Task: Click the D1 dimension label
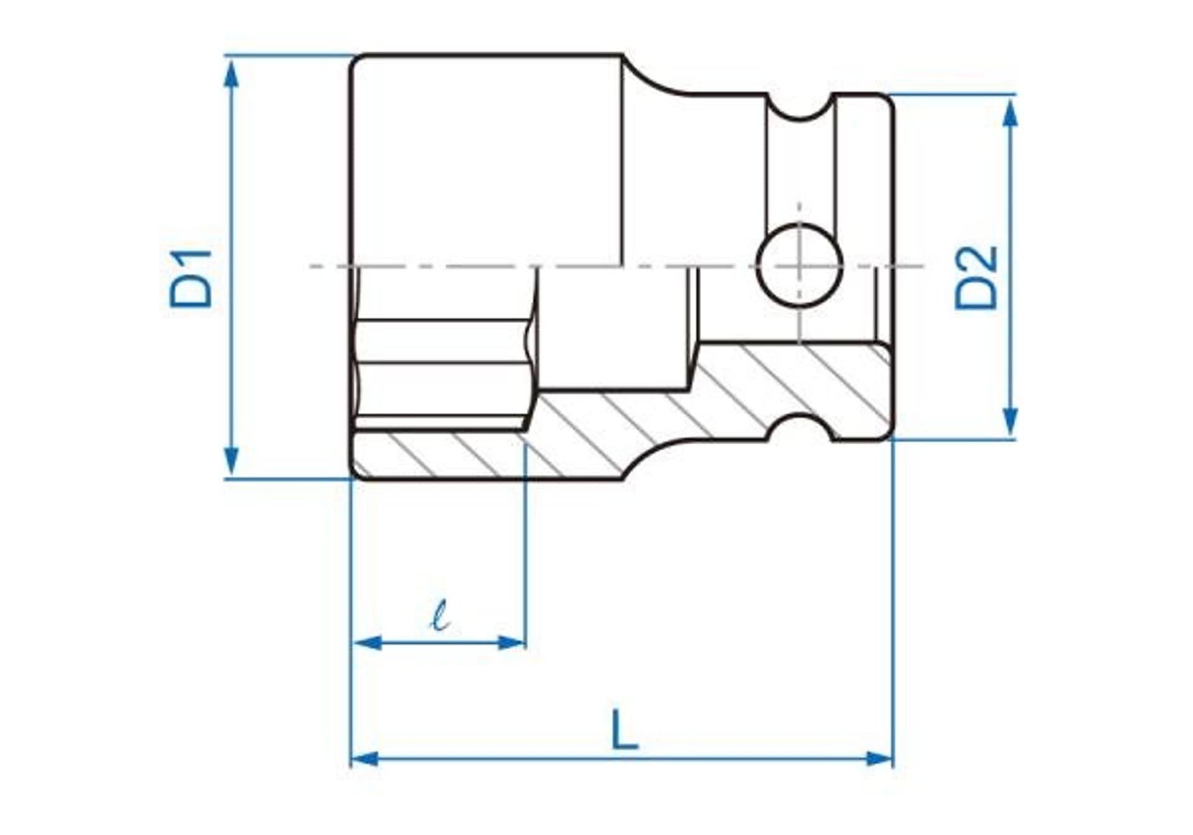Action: (x=191, y=279)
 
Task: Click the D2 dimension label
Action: (x=976, y=278)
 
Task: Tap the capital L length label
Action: (x=624, y=729)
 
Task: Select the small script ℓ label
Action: (x=441, y=616)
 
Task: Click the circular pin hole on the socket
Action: (x=800, y=265)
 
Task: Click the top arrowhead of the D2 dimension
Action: (x=1011, y=114)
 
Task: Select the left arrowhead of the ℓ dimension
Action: (x=367, y=642)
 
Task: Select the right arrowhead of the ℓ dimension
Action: (x=512, y=642)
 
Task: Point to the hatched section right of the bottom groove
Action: (x=861, y=398)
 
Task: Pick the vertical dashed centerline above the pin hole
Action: (x=800, y=214)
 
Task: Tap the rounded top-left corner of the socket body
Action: (x=357, y=62)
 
